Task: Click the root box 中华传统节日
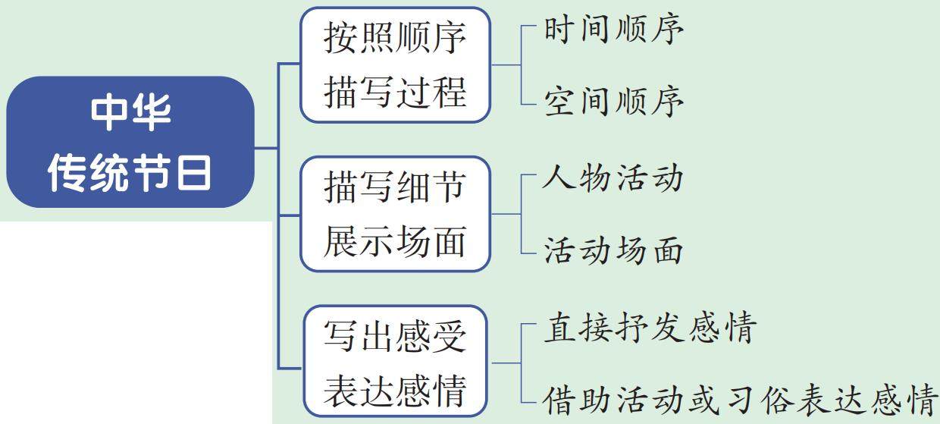click(x=130, y=143)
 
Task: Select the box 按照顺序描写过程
click(x=395, y=64)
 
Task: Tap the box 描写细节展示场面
click(x=395, y=214)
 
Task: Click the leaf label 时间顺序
click(x=614, y=30)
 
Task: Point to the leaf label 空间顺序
click(x=614, y=101)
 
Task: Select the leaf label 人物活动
click(x=614, y=178)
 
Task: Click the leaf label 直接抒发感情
click(x=650, y=329)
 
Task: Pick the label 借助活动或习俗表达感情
click(x=739, y=399)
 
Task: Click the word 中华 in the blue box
click(x=130, y=112)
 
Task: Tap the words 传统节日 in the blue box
click(x=130, y=173)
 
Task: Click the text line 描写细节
click(x=395, y=187)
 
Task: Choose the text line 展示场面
click(x=395, y=242)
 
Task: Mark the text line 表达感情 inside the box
click(x=395, y=392)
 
